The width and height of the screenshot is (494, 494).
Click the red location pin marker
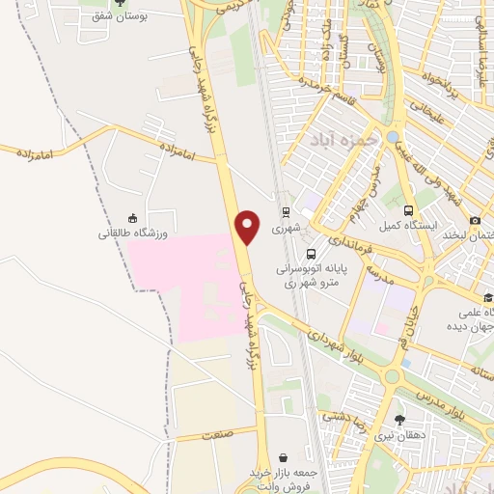[249, 228]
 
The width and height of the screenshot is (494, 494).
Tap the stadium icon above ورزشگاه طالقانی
[132, 217]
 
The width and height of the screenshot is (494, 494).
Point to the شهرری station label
[286, 229]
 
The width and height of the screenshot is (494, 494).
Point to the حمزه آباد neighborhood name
[342, 141]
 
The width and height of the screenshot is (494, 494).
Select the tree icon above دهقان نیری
[400, 419]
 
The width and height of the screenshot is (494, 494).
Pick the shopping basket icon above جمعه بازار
[282, 457]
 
